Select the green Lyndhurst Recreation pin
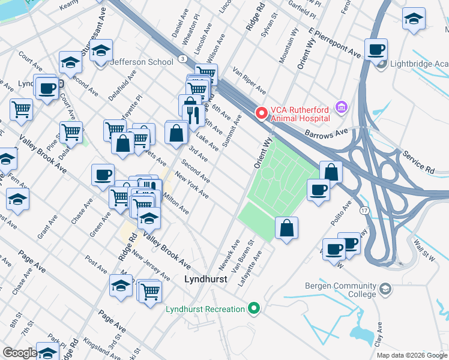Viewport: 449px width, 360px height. tap(254, 309)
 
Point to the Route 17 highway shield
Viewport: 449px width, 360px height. tap(364, 211)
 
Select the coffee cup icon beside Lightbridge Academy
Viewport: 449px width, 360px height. tap(376, 49)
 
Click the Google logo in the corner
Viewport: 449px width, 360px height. tap(20, 353)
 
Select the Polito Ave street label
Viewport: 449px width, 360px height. tap(347, 214)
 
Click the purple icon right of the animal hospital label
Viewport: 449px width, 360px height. tap(342, 108)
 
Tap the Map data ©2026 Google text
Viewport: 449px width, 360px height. tap(411, 355)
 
